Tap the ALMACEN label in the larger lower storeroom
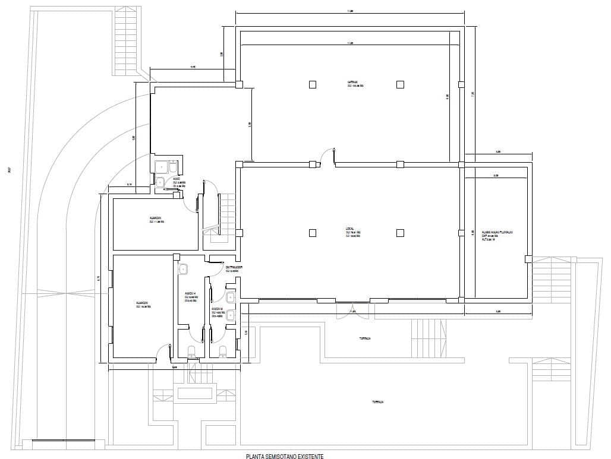point(143,304)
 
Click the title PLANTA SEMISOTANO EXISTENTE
point(285,455)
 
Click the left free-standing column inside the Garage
point(313,84)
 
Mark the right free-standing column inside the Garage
point(400,84)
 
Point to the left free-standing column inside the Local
point(313,233)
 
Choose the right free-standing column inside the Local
point(400,233)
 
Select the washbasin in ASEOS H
point(183,270)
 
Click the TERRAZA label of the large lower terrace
point(377,402)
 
